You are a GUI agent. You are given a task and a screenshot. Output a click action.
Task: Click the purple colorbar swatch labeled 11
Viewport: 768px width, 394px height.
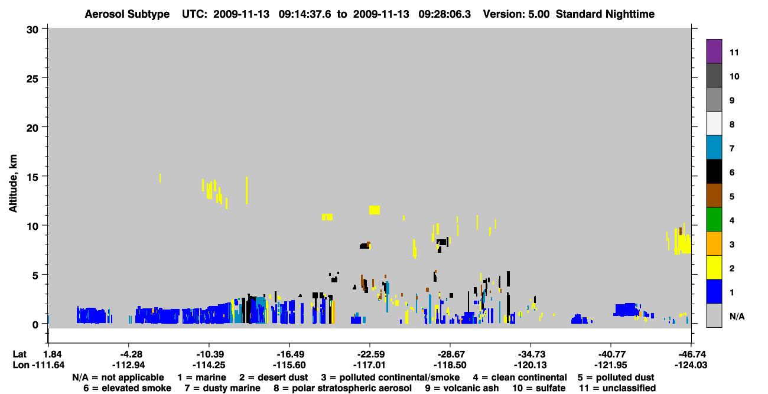pos(714,51)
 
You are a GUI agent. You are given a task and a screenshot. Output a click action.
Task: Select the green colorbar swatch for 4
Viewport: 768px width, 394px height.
pos(714,220)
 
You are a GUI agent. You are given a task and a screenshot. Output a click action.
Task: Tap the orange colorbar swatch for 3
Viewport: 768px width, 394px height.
pos(714,243)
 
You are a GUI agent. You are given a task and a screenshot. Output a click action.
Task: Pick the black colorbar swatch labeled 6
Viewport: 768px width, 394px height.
pos(714,171)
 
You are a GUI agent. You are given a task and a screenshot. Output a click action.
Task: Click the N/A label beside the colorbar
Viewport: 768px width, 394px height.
pos(737,316)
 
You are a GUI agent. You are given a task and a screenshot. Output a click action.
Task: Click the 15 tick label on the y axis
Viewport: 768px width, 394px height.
pos(32,177)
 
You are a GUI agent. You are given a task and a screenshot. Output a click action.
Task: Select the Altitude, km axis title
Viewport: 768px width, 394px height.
pos(13,184)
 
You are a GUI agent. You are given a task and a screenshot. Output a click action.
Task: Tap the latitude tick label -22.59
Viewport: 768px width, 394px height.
pos(370,354)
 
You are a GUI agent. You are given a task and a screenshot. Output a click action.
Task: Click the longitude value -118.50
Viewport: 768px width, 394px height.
pos(450,365)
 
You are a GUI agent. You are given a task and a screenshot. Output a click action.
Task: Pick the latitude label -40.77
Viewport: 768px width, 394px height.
pos(611,354)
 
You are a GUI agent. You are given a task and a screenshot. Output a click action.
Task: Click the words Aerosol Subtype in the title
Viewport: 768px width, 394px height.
pos(127,14)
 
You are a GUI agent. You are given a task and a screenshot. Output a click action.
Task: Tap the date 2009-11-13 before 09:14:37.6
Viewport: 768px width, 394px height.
pos(242,14)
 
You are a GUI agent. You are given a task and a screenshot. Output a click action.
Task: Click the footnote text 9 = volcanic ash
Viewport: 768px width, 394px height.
pos(462,388)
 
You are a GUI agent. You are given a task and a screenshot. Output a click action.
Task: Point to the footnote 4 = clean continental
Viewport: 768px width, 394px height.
pos(520,377)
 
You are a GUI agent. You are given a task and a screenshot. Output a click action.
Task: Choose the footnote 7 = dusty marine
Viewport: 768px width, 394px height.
pos(222,388)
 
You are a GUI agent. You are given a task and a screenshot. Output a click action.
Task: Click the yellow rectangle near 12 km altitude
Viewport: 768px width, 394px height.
pos(375,210)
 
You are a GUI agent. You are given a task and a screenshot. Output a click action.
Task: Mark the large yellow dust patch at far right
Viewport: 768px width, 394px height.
pos(681,242)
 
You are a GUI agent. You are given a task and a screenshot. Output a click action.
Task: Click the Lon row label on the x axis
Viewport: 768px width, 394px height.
pos(21,365)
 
